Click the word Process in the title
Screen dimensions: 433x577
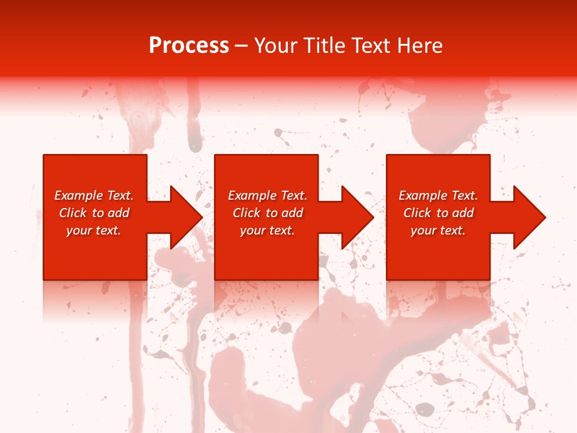(189, 46)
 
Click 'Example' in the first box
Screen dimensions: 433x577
(78, 195)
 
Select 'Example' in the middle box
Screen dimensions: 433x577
(251, 195)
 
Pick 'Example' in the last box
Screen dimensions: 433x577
(422, 195)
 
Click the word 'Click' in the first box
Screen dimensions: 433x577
(73, 213)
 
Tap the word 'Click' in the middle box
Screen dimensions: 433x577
(246, 213)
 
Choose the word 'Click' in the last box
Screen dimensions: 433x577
(417, 213)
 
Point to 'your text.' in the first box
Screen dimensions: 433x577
(94, 230)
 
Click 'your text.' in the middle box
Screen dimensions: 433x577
(267, 230)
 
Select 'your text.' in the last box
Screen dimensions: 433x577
(438, 230)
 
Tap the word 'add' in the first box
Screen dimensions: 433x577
(119, 213)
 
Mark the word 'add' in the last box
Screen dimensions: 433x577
(463, 213)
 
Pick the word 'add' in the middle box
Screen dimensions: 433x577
(293, 213)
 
